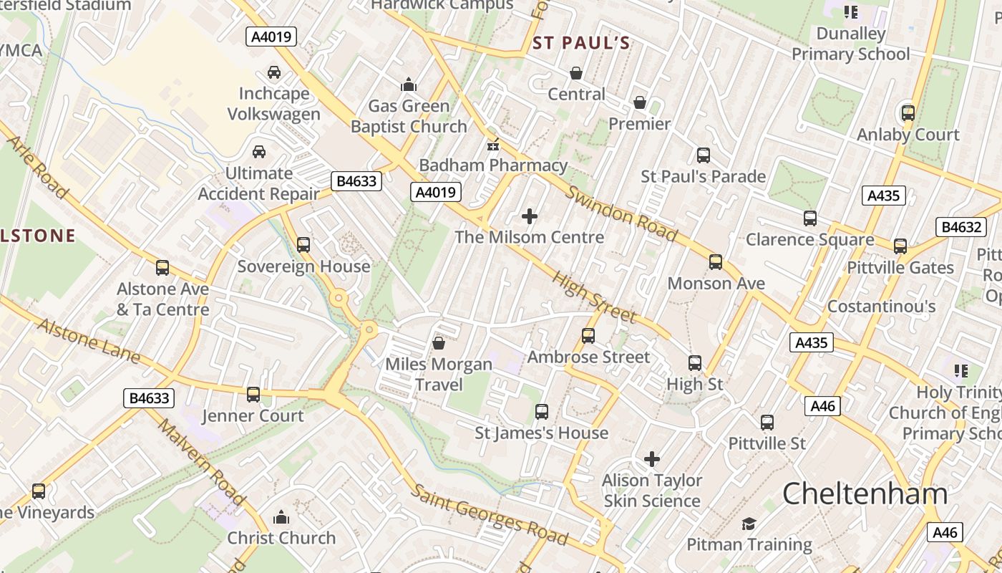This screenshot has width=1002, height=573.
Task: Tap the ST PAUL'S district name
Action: point(581,43)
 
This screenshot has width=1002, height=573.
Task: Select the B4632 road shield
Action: point(961,227)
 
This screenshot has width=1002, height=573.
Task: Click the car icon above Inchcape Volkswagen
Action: point(273,72)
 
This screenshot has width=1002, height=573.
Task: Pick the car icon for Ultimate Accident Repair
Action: point(259,152)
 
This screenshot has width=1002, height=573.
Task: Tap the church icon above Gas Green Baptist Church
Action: point(409,85)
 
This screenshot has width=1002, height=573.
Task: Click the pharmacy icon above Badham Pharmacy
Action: point(492,145)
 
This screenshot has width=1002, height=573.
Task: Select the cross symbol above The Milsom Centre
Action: point(530,216)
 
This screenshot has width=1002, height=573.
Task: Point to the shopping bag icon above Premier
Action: point(640,103)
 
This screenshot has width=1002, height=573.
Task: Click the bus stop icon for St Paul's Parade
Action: point(703,155)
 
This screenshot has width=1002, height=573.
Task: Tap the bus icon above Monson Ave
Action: point(716,262)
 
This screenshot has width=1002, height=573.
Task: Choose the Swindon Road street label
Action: point(621,213)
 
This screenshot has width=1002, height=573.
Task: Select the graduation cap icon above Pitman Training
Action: point(749,524)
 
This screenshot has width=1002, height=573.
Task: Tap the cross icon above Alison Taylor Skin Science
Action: point(652,459)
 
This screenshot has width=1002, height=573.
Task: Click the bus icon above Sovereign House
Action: point(303,245)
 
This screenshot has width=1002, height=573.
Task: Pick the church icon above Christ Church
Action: point(281,517)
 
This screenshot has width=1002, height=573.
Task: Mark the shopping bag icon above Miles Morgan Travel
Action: point(439,344)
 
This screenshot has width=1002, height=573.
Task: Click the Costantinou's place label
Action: point(881,307)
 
